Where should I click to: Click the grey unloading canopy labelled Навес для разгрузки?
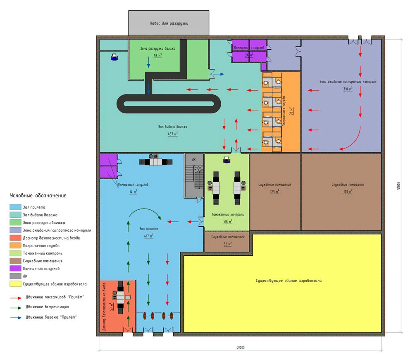[169, 23]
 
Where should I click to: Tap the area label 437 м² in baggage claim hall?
[173, 134]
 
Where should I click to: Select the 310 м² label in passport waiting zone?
[348, 89]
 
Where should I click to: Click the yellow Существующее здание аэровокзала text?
[289, 281]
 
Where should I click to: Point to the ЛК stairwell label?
[194, 160]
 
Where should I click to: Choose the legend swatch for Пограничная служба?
[15, 245]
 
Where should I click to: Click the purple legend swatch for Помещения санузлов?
[15, 268]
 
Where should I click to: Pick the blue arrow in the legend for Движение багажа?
[16, 317]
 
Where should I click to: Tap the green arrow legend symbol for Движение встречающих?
[16, 307]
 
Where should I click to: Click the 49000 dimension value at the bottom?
[241, 348]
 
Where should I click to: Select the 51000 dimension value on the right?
[398, 186]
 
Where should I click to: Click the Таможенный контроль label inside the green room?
[228, 215]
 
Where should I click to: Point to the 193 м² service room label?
[348, 192]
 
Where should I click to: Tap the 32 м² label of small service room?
[228, 244]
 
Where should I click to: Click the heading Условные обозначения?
[38, 195]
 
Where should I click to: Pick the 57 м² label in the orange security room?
[111, 307]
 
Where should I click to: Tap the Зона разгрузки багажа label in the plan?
[157, 48]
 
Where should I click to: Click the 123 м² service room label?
[274, 192]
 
